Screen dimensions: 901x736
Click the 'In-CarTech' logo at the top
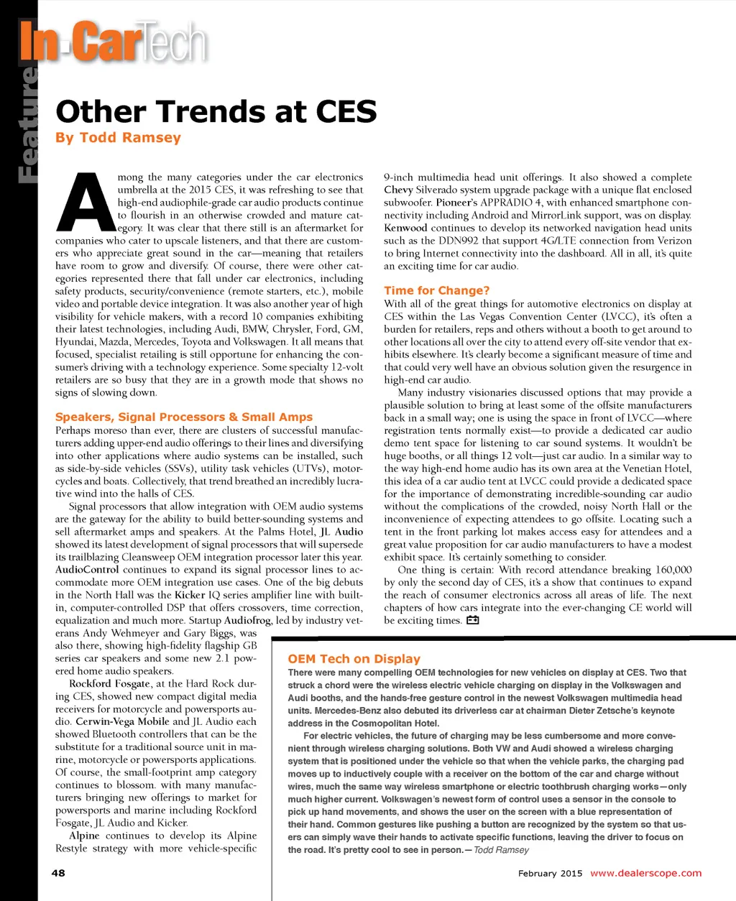coord(114,42)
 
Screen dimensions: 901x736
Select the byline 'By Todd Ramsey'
coord(118,137)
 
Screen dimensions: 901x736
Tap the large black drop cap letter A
coord(85,199)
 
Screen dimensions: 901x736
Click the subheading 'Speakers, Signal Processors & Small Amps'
coord(184,417)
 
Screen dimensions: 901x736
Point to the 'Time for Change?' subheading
coord(436,290)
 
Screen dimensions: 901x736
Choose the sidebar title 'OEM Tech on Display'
coord(354,658)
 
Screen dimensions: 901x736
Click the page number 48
coord(58,872)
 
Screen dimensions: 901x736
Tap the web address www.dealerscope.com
coord(645,873)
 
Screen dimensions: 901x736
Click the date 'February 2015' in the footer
coord(550,873)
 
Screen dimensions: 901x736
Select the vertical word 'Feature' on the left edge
coord(27,122)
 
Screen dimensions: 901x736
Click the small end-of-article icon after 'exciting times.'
coord(472,620)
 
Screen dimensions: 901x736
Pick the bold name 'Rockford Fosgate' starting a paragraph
coord(110,683)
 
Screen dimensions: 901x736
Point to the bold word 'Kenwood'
coord(405,228)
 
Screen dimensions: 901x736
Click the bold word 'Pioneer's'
coord(456,203)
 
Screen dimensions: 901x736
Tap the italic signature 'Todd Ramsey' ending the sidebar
coord(501,850)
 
